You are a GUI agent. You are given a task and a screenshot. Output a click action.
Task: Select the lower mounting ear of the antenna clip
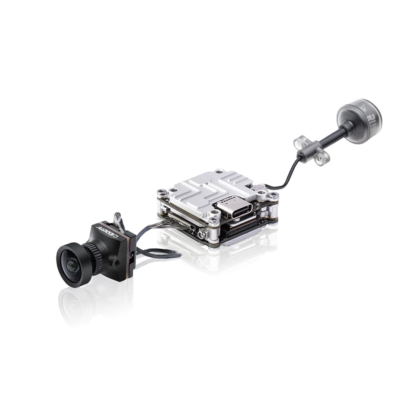pyautogui.click(x=318, y=158)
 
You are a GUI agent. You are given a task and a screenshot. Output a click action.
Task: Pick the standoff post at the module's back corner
pyautogui.click(x=217, y=173)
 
